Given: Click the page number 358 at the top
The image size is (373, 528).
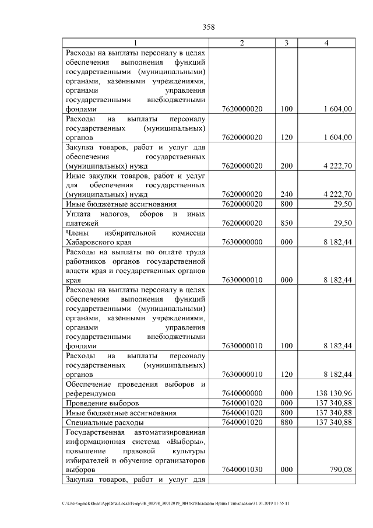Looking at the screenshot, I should click(x=209, y=26).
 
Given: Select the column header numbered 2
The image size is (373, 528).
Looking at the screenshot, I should click(x=242, y=43).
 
